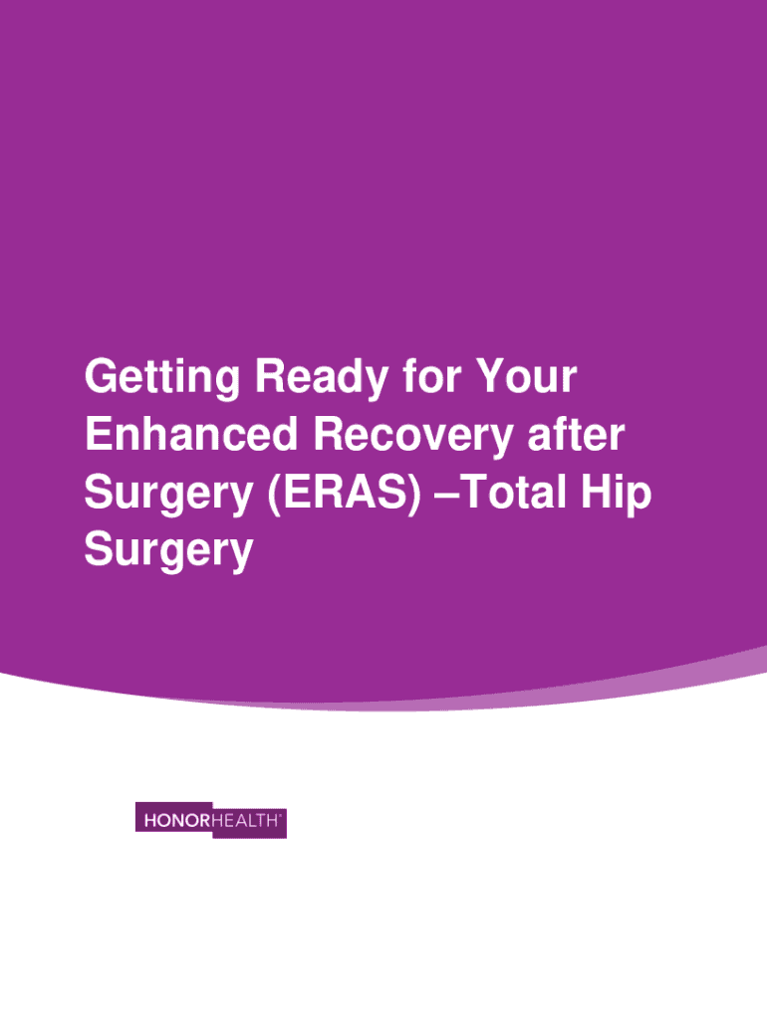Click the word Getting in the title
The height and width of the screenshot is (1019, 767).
click(x=162, y=377)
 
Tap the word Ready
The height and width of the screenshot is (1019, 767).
click(x=322, y=377)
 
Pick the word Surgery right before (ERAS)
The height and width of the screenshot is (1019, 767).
click(x=168, y=494)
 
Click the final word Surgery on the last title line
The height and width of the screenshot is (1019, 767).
click(x=168, y=551)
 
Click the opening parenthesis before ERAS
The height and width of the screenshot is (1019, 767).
click(x=273, y=495)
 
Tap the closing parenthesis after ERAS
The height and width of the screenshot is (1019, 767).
click(x=414, y=495)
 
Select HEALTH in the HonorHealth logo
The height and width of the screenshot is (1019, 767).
click(x=245, y=820)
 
